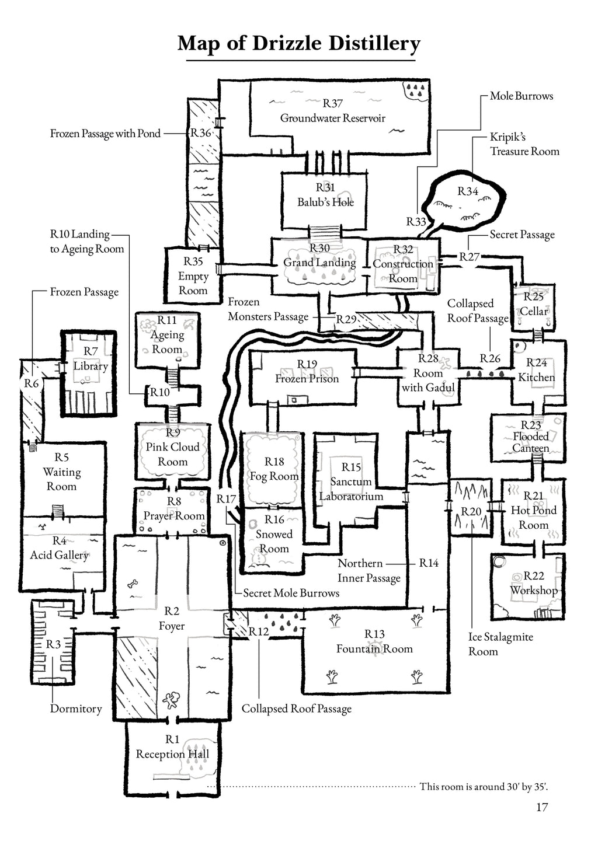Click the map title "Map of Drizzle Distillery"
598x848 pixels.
(x=298, y=44)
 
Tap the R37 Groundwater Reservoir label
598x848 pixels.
(x=332, y=111)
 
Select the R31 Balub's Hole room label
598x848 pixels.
(x=325, y=195)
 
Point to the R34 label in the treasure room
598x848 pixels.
(x=467, y=191)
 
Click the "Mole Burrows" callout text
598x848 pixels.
(x=521, y=96)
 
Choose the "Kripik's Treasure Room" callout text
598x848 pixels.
(x=524, y=144)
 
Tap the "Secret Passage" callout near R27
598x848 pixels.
(x=521, y=235)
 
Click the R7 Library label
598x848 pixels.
(x=91, y=359)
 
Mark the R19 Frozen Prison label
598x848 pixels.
(x=307, y=372)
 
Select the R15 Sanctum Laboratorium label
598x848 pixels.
(x=351, y=481)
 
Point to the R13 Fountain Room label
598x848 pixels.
(x=374, y=641)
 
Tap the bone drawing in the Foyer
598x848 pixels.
(x=134, y=583)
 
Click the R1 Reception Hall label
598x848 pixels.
(x=172, y=747)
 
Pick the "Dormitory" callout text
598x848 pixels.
(x=76, y=709)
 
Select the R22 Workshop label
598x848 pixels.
(x=534, y=583)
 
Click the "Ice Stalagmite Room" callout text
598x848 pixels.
(x=500, y=644)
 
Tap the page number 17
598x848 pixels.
(x=541, y=807)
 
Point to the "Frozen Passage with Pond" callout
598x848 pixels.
(x=105, y=134)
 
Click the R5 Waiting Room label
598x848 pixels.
(x=61, y=472)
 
